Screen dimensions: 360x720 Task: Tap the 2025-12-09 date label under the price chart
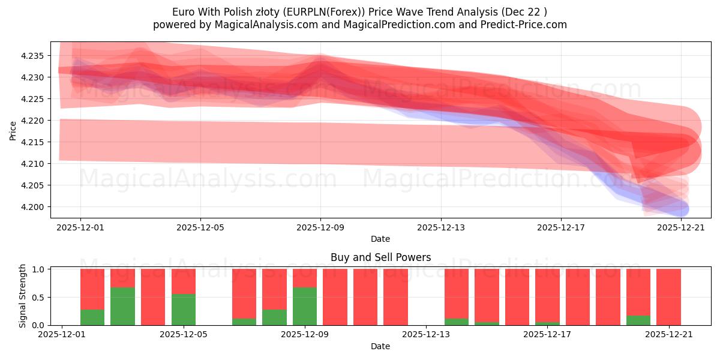pyautogui.click(x=320, y=227)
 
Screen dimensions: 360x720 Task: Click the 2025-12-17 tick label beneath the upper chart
pyautogui.click(x=560, y=227)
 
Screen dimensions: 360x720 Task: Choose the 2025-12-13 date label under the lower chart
pyautogui.click(x=425, y=335)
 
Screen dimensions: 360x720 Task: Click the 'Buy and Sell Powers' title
pyautogui.click(x=380, y=257)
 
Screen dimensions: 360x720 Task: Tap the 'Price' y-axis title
pyautogui.click(x=13, y=130)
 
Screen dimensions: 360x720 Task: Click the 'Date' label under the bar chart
pyautogui.click(x=380, y=346)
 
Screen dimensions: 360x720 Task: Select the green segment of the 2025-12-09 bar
pyautogui.click(x=305, y=306)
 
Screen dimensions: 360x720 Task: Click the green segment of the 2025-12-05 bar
pyautogui.click(x=184, y=309)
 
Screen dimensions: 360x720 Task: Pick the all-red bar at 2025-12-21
pyautogui.click(x=668, y=297)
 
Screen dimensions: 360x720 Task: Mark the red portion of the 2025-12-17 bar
pyautogui.click(x=547, y=294)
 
